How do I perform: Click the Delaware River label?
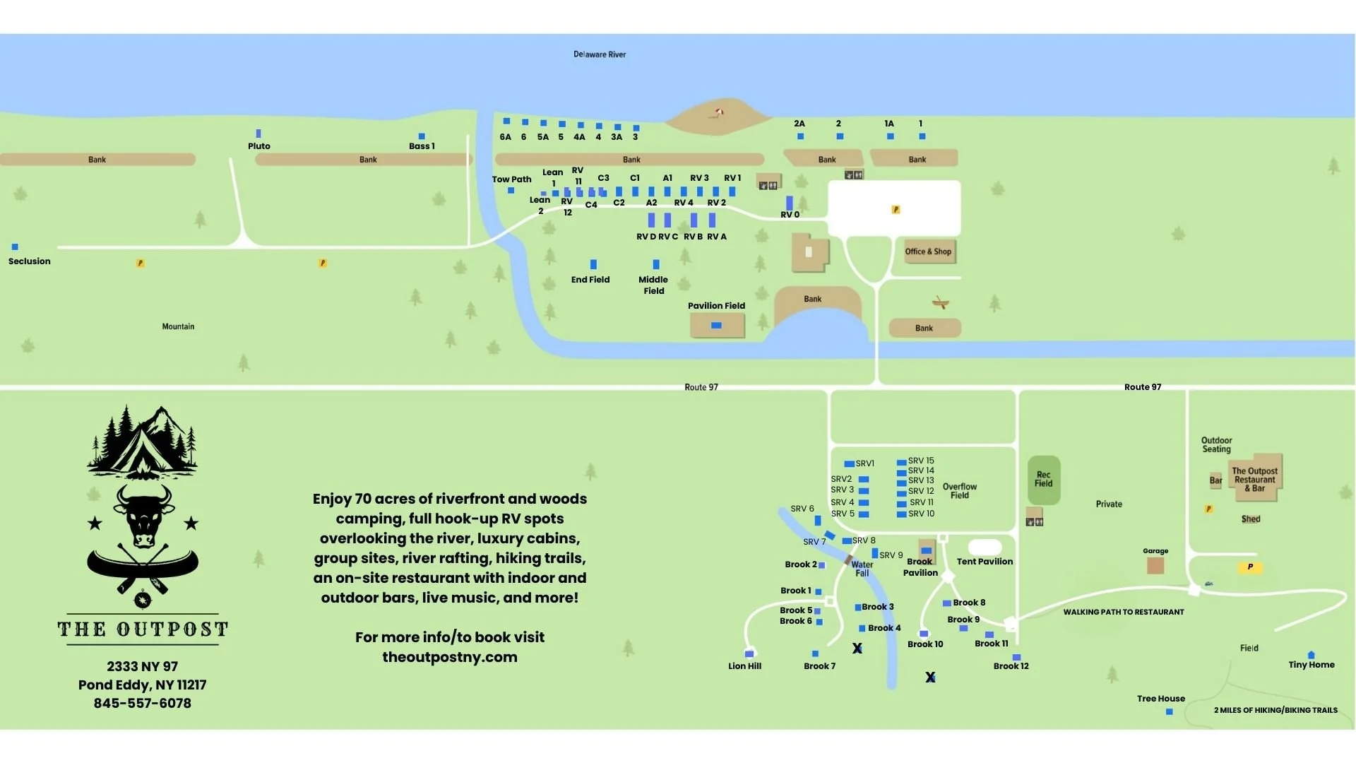click(x=599, y=54)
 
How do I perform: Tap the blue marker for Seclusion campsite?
click(x=15, y=247)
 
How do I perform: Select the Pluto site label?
click(x=258, y=146)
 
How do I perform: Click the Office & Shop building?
click(x=929, y=252)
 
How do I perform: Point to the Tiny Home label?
click(x=1312, y=665)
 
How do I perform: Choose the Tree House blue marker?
click(x=1170, y=711)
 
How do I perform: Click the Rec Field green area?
click(x=1043, y=480)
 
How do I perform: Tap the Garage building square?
click(x=1155, y=565)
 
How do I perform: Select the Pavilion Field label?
click(x=716, y=306)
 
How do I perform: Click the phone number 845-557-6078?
click(x=143, y=703)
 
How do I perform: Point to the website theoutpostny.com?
click(x=450, y=657)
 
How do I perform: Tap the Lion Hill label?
click(x=744, y=666)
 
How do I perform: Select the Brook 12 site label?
click(x=1011, y=666)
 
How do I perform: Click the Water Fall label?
click(x=862, y=569)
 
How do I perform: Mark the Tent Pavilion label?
click(x=985, y=562)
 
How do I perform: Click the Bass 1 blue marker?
click(x=422, y=136)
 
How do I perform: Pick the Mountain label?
click(x=178, y=326)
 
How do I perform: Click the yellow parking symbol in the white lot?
click(x=896, y=210)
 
